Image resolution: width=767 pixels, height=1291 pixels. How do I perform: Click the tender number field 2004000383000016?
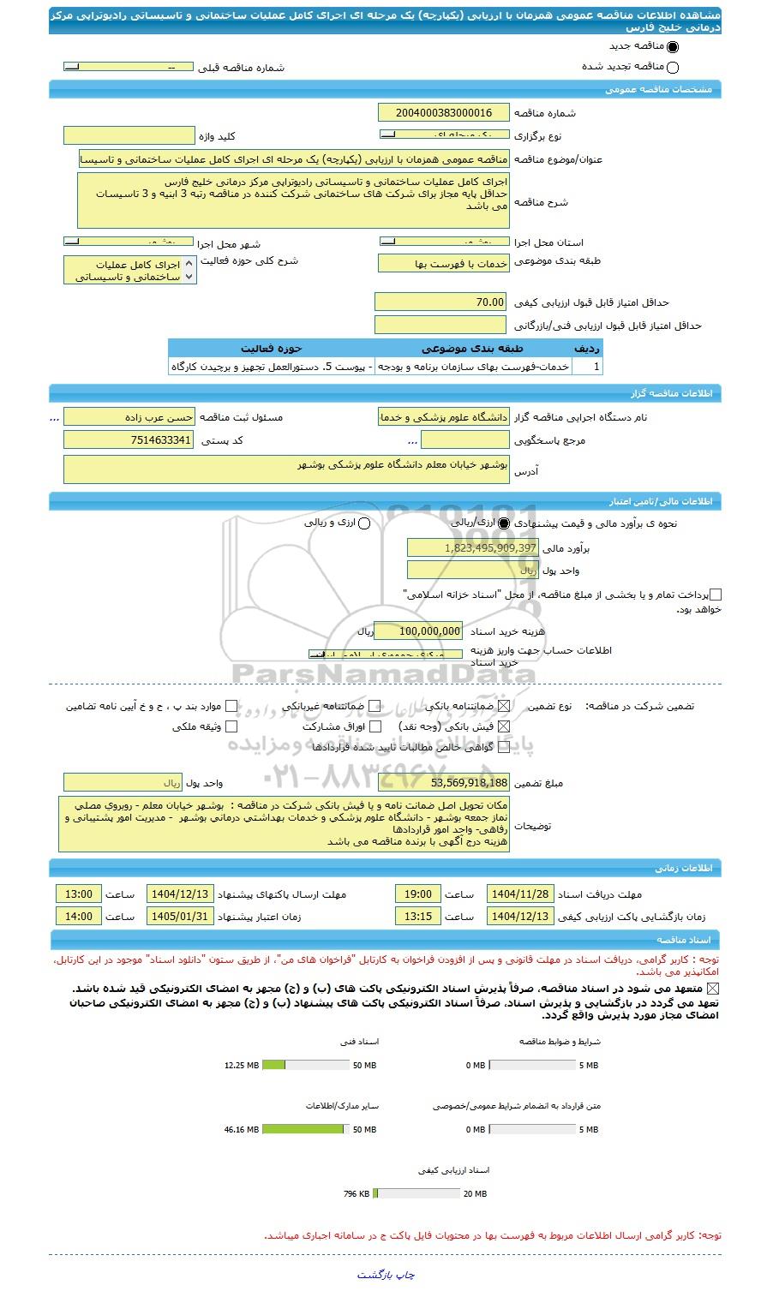[x=444, y=113]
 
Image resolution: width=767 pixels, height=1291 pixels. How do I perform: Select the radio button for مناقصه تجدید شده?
[x=672, y=68]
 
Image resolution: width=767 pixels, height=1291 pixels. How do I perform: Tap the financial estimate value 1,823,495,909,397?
[x=473, y=547]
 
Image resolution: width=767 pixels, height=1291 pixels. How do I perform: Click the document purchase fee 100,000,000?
[x=418, y=631]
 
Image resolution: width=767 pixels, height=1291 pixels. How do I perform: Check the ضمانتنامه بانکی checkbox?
[x=504, y=707]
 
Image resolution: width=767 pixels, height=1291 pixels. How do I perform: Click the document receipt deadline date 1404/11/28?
[x=520, y=894]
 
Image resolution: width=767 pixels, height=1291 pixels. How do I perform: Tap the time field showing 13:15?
[x=418, y=917]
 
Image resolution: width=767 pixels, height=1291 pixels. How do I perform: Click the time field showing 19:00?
[x=418, y=894]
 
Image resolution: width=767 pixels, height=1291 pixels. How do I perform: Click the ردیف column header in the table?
[x=588, y=348]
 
